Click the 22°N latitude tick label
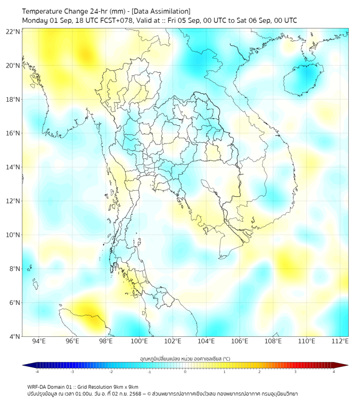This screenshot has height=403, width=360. click(x=13, y=32)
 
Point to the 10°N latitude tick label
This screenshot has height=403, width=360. click(x=13, y=235)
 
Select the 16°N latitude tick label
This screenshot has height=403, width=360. click(x=13, y=133)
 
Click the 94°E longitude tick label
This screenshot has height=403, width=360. click(x=39, y=342)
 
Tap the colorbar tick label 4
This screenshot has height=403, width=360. click(x=334, y=372)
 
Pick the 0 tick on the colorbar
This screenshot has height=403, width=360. click(x=185, y=372)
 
